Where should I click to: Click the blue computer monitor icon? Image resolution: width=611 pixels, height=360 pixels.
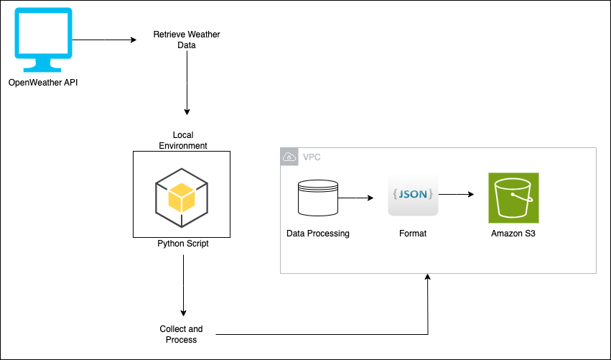pyautogui.click(x=43, y=40)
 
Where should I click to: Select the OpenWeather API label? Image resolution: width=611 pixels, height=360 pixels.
pyautogui.click(x=43, y=83)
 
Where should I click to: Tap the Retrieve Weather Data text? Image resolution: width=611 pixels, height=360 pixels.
pyautogui.click(x=187, y=40)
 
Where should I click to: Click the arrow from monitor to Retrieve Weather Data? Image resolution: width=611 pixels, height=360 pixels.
pyautogui.click(x=104, y=40)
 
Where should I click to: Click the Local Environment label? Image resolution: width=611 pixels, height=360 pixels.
pyautogui.click(x=182, y=140)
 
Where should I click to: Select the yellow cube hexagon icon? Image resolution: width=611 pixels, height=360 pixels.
pyautogui.click(x=182, y=195)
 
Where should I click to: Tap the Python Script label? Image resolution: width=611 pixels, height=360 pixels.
pyautogui.click(x=183, y=244)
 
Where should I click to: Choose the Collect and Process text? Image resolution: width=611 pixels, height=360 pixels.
pyautogui.click(x=181, y=334)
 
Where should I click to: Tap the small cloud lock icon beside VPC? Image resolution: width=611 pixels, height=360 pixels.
pyautogui.click(x=289, y=157)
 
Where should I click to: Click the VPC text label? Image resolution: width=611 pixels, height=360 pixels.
pyautogui.click(x=312, y=157)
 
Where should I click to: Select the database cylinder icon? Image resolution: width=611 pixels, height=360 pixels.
pyautogui.click(x=317, y=198)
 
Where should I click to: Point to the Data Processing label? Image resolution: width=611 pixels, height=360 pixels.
pyautogui.click(x=317, y=234)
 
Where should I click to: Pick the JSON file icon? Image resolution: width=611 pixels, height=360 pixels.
pyautogui.click(x=413, y=194)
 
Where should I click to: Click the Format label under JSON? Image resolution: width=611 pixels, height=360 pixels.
pyautogui.click(x=413, y=234)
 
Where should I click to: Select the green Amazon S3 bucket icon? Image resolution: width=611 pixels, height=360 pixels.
pyautogui.click(x=513, y=198)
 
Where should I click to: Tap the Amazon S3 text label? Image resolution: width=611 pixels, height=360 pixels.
pyautogui.click(x=513, y=234)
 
